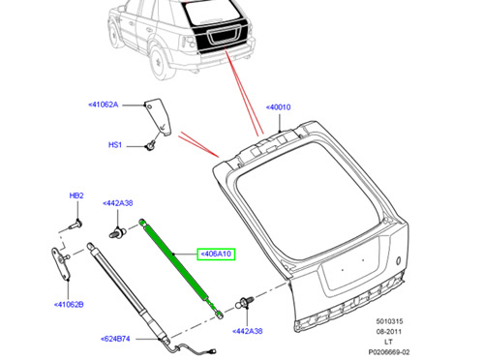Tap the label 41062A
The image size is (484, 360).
pos(104,105)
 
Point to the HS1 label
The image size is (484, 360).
pos(115,145)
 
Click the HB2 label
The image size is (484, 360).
pos(76,195)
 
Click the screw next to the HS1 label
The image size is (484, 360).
pos(150,145)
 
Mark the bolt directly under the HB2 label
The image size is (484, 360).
pos(76,226)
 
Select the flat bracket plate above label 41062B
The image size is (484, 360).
pos(60,263)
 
